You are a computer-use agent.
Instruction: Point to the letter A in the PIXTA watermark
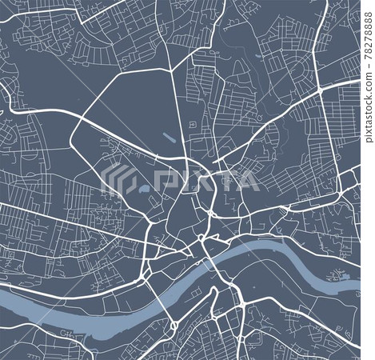click(x=249, y=181)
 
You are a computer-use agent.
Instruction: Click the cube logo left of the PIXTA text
click(x=126, y=181)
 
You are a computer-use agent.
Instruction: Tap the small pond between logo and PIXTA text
click(x=142, y=190)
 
